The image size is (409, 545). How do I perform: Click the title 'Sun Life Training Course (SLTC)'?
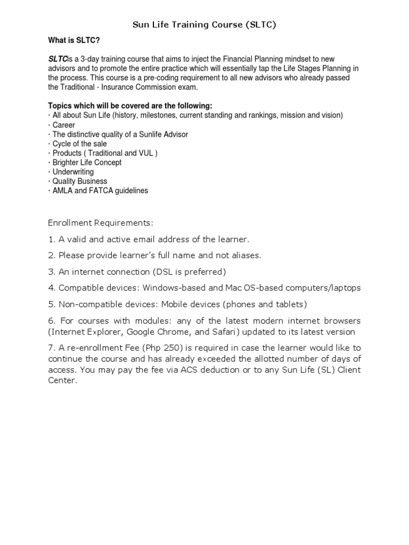pos(204,24)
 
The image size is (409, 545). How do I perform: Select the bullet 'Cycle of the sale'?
pos(79,144)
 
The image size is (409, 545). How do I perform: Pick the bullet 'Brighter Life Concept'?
pos(87,162)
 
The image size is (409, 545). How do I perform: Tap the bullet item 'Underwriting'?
pos(73,172)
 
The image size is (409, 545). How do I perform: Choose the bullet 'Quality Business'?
pos(80,181)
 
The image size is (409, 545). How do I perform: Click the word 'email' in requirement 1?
pos(137,239)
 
